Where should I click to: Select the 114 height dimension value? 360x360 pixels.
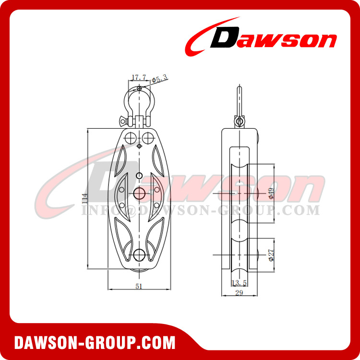click(x=84, y=196)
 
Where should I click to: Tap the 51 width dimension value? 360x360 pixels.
click(x=139, y=287)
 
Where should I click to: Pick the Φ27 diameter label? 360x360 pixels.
click(x=271, y=254)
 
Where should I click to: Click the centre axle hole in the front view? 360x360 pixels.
click(x=140, y=193)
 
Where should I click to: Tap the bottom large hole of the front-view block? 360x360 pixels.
click(x=140, y=255)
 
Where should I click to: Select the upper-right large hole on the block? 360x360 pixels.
click(x=148, y=137)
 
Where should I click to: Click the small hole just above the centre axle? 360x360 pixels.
click(x=139, y=177)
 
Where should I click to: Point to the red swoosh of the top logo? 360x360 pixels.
click(x=202, y=36)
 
